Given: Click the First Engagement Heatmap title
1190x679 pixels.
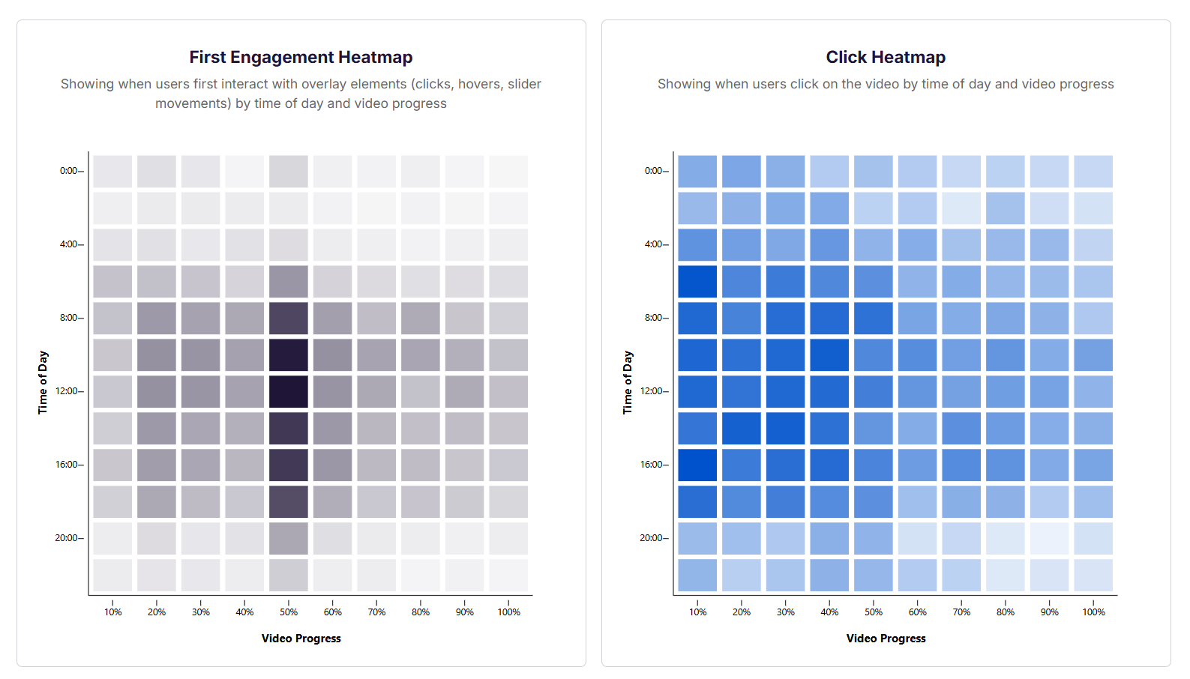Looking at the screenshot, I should pos(301,58).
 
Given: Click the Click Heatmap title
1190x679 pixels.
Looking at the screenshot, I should pos(886,58).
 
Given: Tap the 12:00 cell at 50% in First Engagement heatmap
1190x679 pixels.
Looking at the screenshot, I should pos(289,391).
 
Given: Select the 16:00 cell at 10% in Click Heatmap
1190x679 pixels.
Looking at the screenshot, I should pos(697,465).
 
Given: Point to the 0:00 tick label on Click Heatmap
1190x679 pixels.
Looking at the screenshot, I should pos(653,171).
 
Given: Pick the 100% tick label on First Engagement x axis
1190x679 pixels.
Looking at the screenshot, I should pos(508,612).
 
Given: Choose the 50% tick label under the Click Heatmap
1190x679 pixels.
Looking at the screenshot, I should pos(874,612).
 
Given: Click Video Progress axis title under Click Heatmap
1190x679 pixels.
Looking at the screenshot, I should pos(886,639).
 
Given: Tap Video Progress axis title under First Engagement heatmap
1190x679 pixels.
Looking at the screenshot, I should pos(301,639).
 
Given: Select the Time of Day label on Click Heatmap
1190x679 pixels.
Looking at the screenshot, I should pos(628,382).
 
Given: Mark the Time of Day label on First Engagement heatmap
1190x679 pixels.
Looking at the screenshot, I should pos(43,382).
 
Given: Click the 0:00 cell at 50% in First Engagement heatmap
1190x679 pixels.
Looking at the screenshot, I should pos(289,171).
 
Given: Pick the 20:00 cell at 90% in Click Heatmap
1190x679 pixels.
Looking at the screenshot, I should pos(1049,538).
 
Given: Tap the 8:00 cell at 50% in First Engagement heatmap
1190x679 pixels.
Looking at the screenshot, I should pos(289,318).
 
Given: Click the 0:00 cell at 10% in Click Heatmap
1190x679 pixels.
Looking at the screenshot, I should pos(697,171).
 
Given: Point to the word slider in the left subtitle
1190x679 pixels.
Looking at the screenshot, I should pos(524,84).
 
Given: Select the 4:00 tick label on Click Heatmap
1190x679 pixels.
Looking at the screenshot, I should pos(653,244).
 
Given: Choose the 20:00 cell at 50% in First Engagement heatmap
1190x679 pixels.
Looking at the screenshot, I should pos(289,538).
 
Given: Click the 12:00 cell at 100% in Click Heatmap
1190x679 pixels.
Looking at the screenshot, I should pos(1093,391).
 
